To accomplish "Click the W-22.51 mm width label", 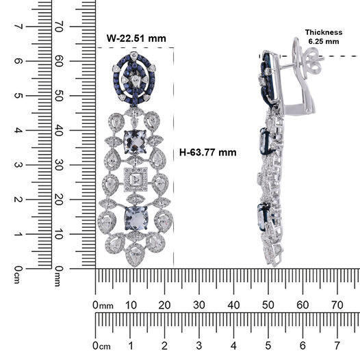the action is pyautogui.click(x=136, y=38).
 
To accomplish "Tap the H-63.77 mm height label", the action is pyautogui.click(x=207, y=152).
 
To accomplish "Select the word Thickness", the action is pyautogui.click(x=324, y=32).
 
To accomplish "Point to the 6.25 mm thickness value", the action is pyautogui.click(x=324, y=42).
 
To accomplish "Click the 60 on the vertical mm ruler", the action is pyautogui.click(x=59, y=61).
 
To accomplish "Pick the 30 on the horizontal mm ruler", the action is pyautogui.click(x=199, y=305).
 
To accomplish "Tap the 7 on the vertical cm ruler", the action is pyautogui.click(x=18, y=27).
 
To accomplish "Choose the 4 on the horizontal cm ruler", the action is pyautogui.click(x=233, y=346).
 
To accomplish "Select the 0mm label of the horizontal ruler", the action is pyautogui.click(x=103, y=305).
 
